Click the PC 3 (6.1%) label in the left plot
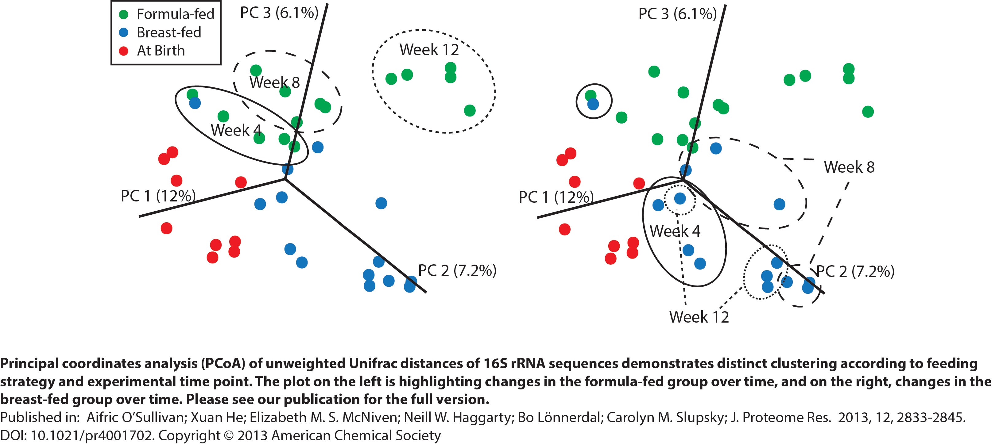pos(279,13)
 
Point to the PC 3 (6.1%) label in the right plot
pos(677,14)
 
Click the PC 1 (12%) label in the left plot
pos(158,196)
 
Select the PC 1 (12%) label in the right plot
pos(556,197)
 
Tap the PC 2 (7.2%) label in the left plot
pos(457,270)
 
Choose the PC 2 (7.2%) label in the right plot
pos(855,271)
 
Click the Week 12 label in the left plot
pos(429,50)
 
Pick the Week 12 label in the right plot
pos(699,317)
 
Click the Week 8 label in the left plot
pos(274,82)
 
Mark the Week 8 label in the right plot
pos(849,167)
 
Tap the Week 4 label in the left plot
pos(236,130)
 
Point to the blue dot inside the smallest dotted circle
pos(680,199)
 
